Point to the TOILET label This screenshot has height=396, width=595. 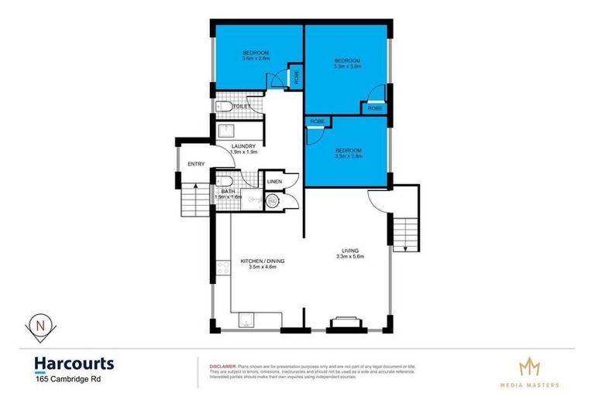pos(242,107)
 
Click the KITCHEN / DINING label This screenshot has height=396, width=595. pos(263,261)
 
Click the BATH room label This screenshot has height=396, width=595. pos(228,191)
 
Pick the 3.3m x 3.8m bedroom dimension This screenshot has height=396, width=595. pos(347,67)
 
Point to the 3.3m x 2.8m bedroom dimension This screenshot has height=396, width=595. pos(349,156)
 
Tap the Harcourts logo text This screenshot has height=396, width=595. pos(74,364)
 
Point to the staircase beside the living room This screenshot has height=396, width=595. pos(404,230)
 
